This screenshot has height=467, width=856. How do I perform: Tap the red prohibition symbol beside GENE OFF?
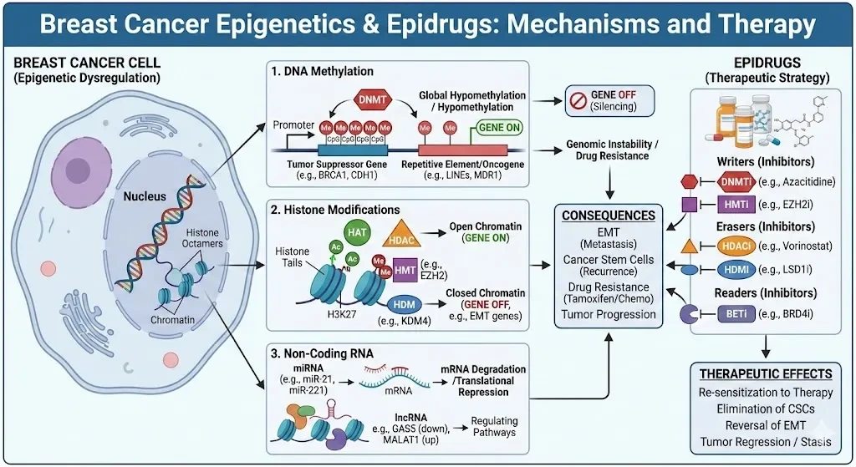pyautogui.click(x=576, y=101)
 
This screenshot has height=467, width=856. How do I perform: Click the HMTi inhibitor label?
pyautogui.click(x=738, y=203)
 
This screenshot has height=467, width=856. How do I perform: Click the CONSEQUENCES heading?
pyautogui.click(x=608, y=215)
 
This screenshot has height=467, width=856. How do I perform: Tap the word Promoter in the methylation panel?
pyautogui.click(x=294, y=125)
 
